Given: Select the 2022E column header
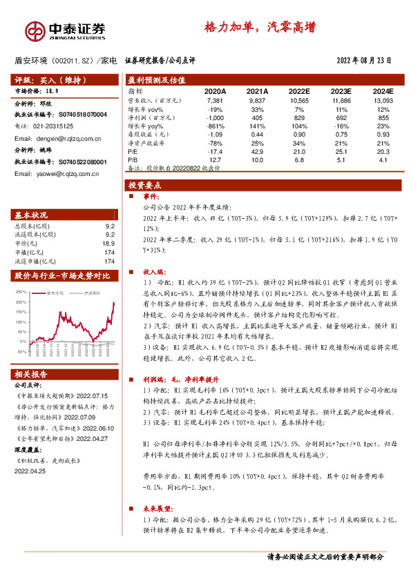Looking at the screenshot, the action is coord(299,91).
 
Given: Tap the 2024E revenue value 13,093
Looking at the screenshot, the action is coord(382,100).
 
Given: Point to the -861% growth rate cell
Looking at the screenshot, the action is coord(215,126).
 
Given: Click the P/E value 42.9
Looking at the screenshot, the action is coord(257,152).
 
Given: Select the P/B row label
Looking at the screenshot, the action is coord(133,160).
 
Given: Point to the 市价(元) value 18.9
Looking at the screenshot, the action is coord(108,243).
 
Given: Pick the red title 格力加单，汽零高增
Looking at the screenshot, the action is coord(260,28).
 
